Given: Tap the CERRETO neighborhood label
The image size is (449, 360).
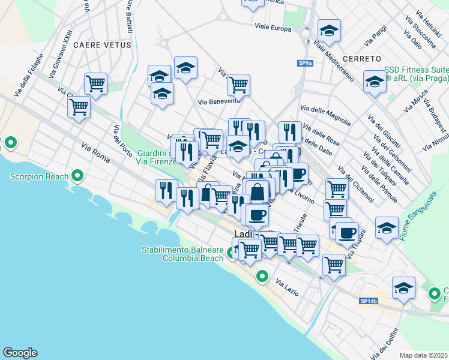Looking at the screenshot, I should coord(363,59).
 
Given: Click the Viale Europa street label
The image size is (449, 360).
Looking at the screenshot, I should coord(273,28).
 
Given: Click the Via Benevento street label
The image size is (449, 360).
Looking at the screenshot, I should coord(219,101).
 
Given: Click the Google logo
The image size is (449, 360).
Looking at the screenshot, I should coord(20,353).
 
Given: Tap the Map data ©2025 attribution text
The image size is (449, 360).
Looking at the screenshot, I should coord(424,355).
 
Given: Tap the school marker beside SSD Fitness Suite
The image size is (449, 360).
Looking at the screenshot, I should coord(375,82).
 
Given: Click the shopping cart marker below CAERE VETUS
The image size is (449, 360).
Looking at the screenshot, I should coord(95,83).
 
